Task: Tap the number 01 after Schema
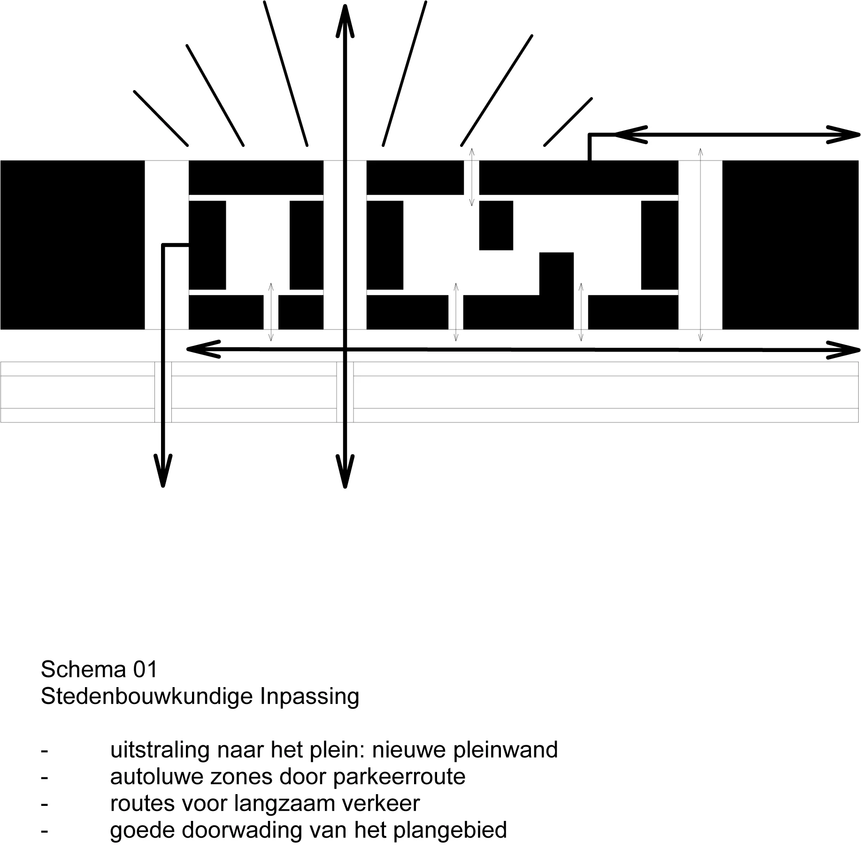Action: [145, 670]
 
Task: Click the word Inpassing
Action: [309, 697]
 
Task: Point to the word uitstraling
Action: [159, 750]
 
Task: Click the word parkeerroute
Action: [399, 777]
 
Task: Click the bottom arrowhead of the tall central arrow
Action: [345, 474]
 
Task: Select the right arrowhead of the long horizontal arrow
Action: [845, 351]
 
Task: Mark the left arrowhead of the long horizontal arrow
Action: [200, 349]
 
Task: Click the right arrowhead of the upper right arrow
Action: [845, 135]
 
